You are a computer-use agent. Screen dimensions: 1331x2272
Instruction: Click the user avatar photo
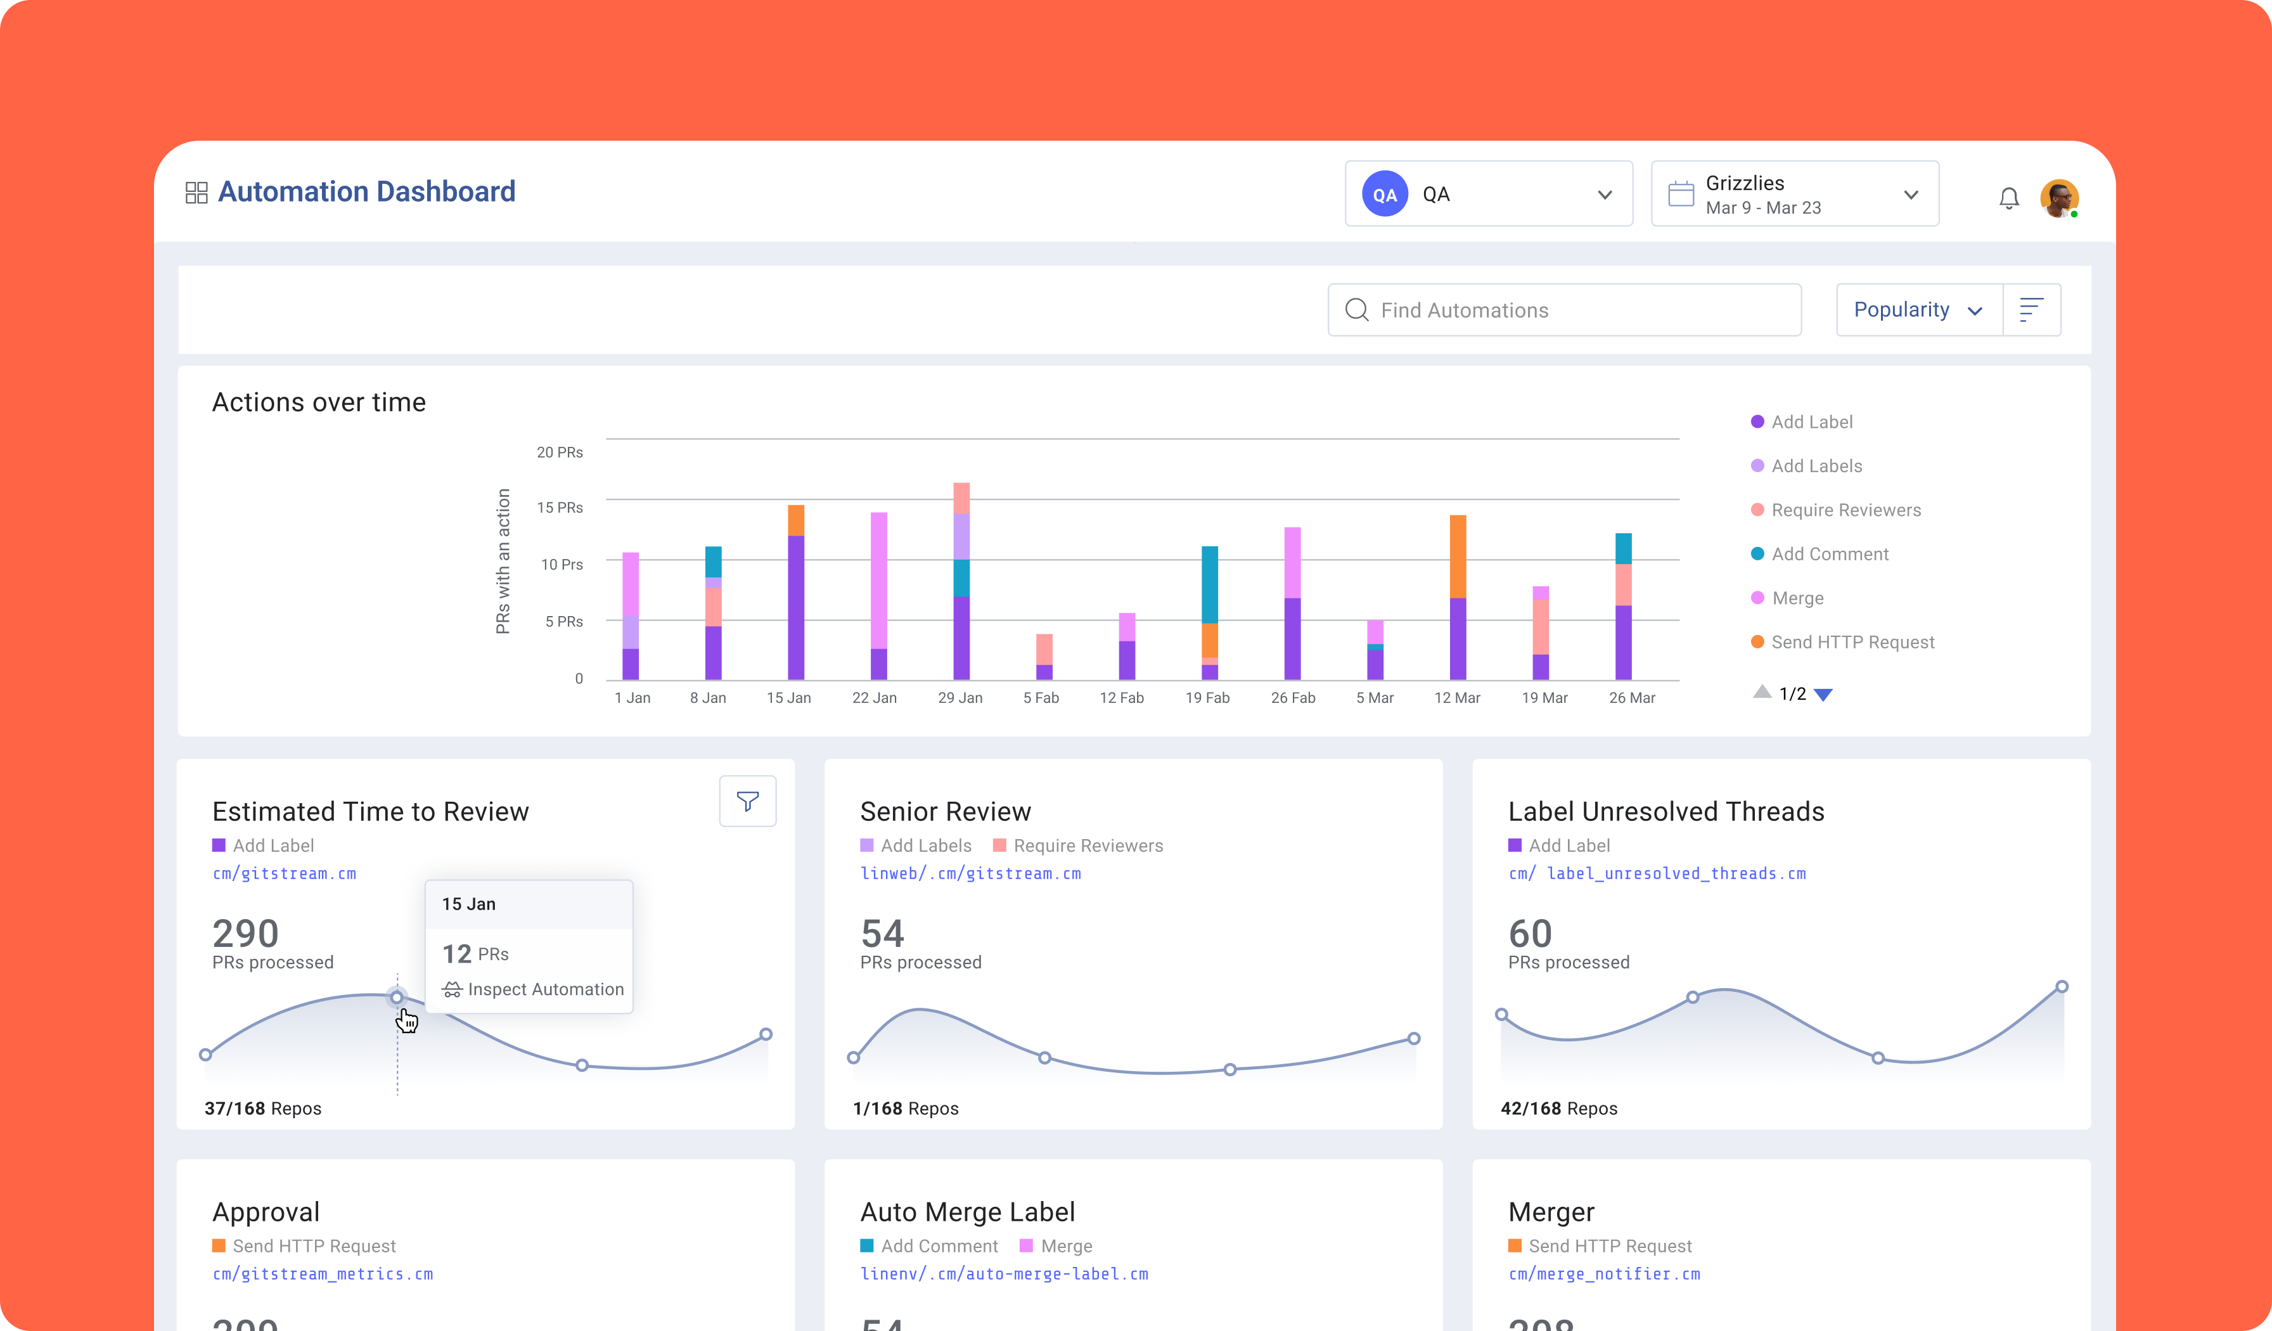coord(2058,198)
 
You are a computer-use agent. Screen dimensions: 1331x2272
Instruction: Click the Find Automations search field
coord(1564,310)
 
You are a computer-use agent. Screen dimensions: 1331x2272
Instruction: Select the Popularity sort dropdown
coord(1918,310)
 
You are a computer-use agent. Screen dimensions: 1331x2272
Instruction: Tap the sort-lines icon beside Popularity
coord(2031,310)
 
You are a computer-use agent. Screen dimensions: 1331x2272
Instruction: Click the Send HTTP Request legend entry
coord(1852,642)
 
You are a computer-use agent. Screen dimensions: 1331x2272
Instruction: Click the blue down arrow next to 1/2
coord(1823,695)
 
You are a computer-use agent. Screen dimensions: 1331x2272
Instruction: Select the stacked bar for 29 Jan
coord(961,582)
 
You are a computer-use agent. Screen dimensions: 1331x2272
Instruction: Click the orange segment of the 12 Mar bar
coord(1457,556)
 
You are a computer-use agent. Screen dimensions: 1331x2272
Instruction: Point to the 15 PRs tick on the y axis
coord(560,508)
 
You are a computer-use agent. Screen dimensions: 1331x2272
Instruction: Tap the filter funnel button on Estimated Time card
coord(747,801)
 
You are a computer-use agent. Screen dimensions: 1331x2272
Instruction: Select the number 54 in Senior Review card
coord(882,934)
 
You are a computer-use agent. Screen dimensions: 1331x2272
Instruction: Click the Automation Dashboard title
coord(366,192)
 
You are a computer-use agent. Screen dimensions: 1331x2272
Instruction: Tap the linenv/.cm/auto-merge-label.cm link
coord(1003,1274)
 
